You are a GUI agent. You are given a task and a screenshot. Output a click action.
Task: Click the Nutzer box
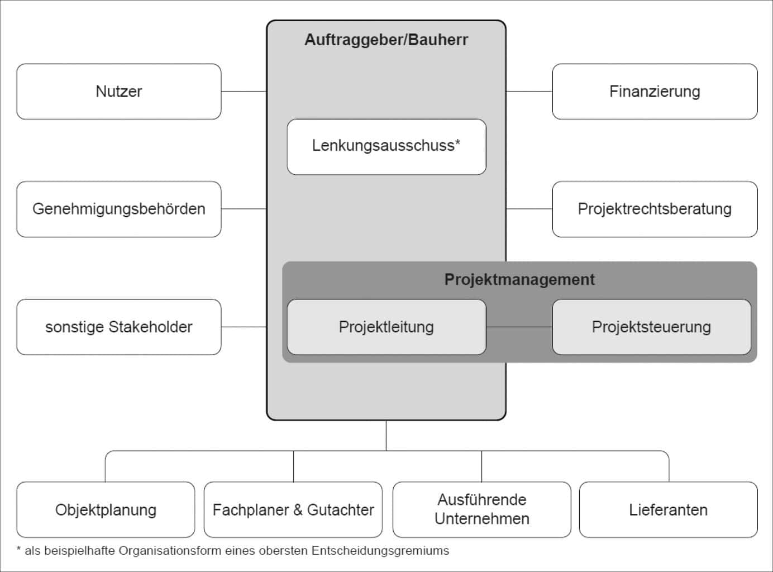119,92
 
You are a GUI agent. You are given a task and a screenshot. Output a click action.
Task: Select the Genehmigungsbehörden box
119,209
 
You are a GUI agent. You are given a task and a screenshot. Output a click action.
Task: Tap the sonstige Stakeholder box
119,327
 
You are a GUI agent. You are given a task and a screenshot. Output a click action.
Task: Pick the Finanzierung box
655,92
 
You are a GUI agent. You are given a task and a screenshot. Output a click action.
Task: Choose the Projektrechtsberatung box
655,209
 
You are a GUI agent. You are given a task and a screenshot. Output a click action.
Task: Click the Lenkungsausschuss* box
386,146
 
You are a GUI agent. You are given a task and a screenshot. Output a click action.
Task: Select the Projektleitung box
386,327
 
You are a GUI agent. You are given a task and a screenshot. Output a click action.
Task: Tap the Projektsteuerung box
651,327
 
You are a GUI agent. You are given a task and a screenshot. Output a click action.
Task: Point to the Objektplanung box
106,509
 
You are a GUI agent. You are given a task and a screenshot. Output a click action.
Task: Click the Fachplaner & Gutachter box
293,509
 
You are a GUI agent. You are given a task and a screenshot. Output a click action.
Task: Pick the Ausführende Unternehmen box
482,509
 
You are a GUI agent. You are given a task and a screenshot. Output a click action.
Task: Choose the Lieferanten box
668,509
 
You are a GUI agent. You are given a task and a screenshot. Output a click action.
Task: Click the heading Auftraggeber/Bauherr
386,40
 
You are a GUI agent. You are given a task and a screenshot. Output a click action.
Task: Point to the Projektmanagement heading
519,279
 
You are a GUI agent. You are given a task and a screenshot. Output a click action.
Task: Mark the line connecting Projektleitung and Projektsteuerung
519,327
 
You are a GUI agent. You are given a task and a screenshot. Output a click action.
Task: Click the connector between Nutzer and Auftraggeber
244,91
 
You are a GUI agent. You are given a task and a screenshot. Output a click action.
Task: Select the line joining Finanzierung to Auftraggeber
529,91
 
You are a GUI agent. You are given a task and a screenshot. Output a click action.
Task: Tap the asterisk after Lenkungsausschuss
458,143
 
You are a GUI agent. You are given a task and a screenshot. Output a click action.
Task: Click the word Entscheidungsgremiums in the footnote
380,551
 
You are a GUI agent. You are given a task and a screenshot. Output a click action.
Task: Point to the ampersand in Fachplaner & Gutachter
298,510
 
